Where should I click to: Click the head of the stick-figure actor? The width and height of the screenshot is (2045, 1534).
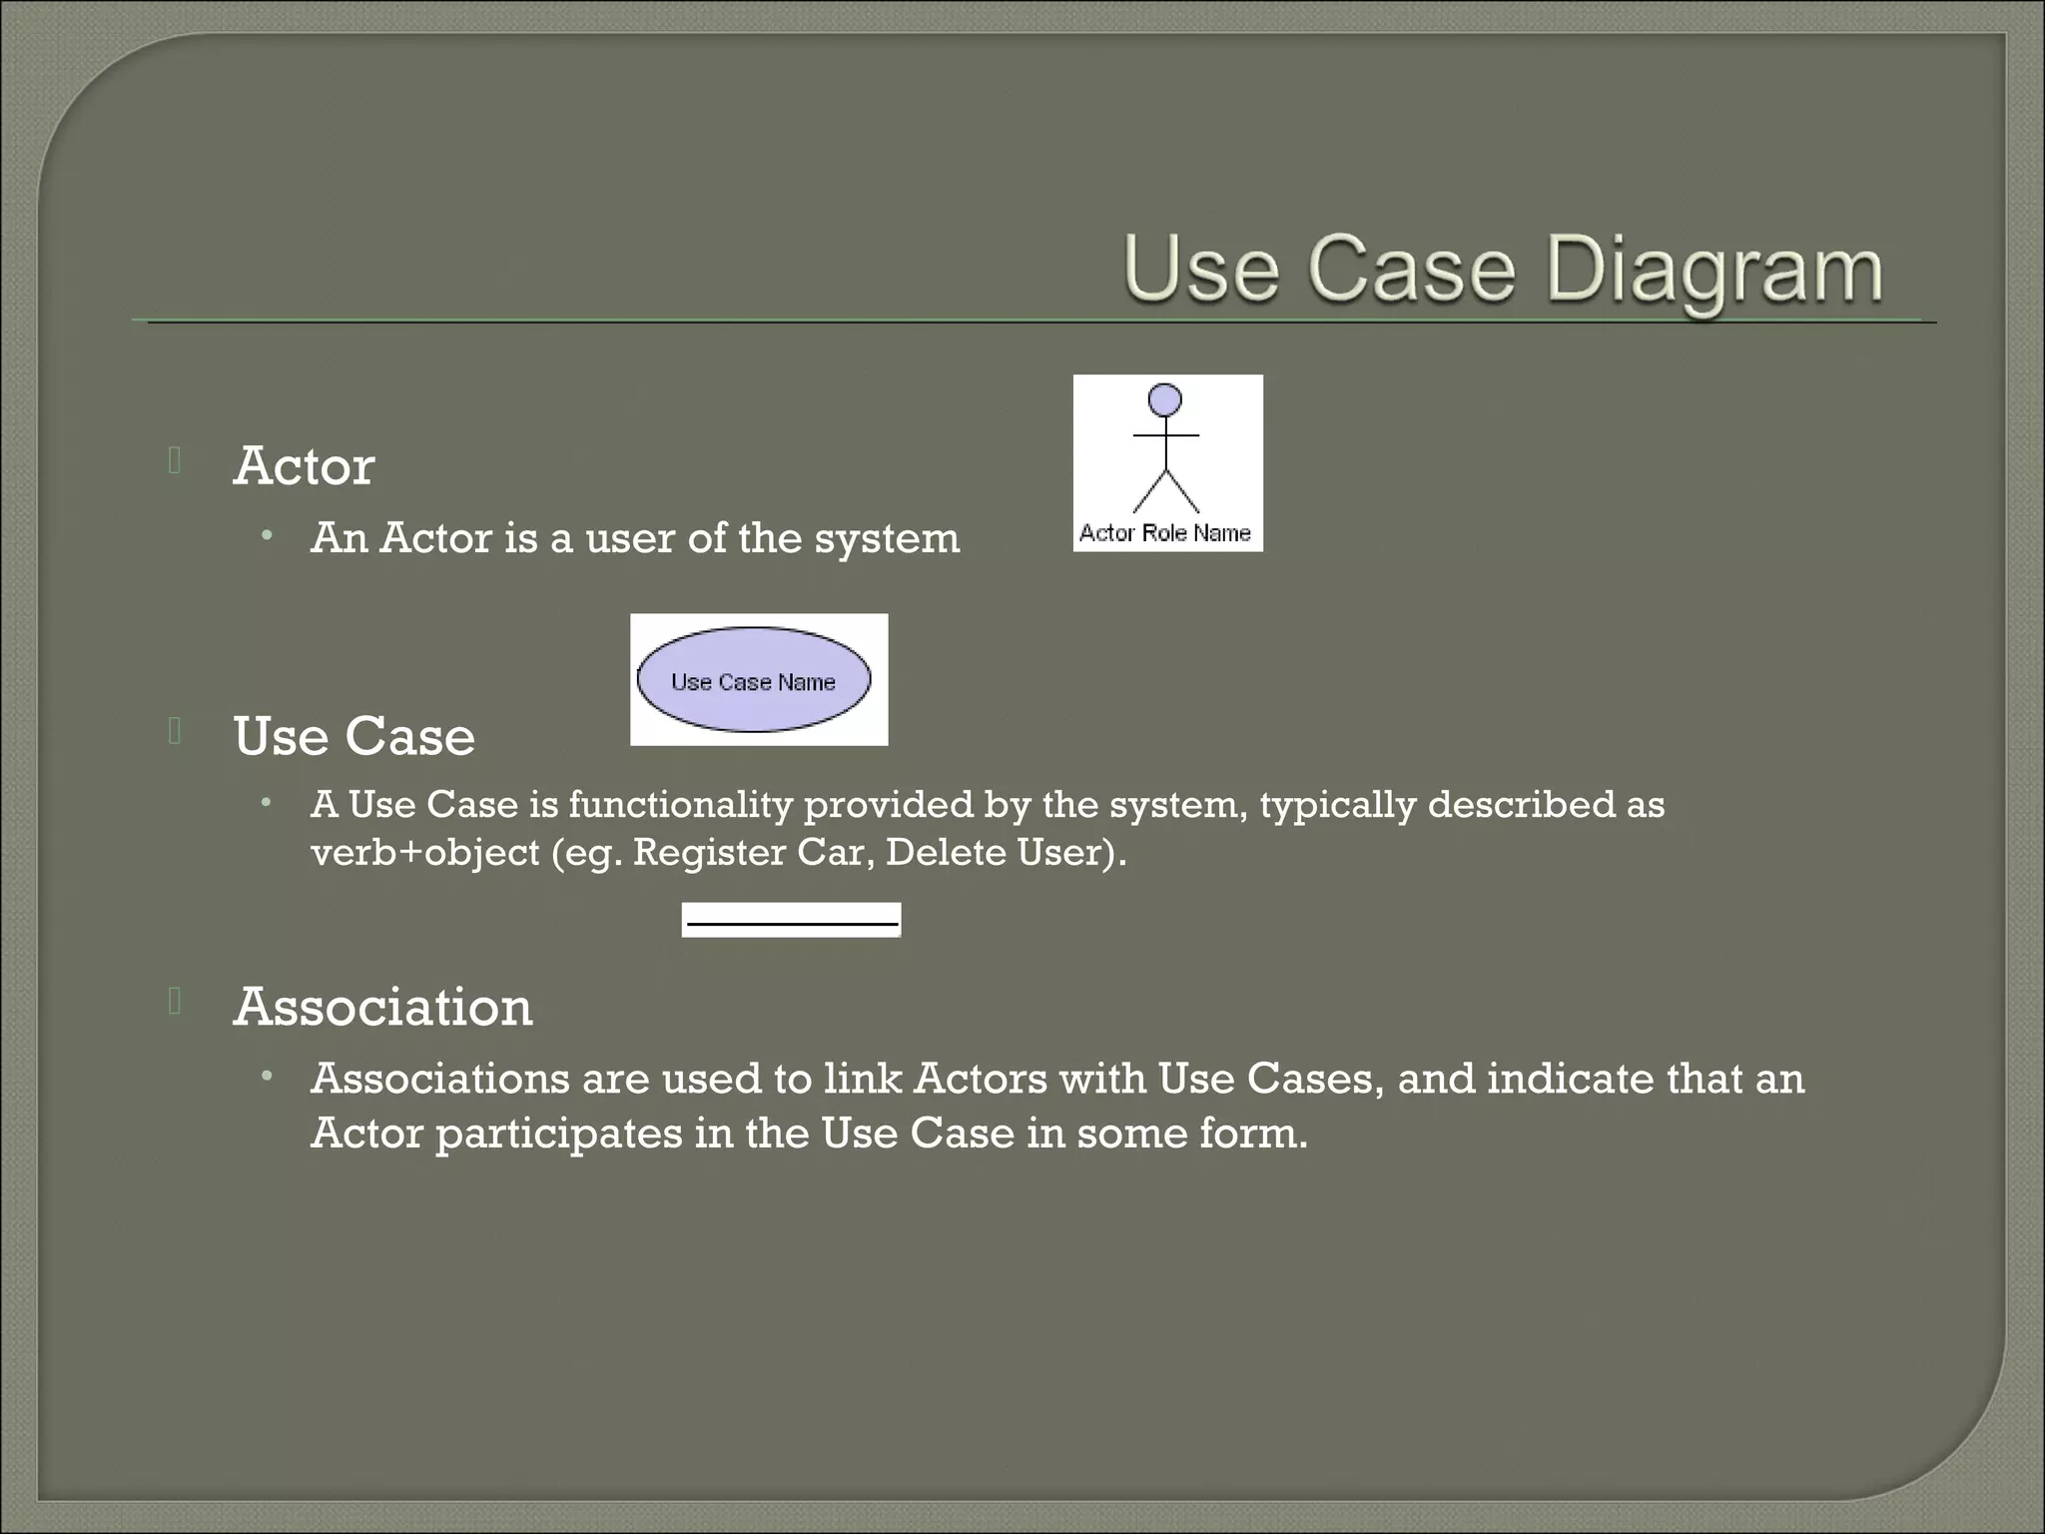(1165, 399)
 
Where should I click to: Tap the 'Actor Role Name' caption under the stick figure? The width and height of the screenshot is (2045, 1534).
(1165, 533)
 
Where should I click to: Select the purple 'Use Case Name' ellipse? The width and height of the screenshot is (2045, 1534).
(754, 680)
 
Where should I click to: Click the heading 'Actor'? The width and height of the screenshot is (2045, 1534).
(304, 466)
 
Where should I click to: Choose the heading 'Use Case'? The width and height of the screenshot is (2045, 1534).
(353, 737)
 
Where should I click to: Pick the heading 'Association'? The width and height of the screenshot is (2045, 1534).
(382, 1007)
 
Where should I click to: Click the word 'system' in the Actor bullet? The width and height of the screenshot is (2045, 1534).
(887, 539)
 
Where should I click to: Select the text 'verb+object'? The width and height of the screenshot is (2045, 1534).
(424, 853)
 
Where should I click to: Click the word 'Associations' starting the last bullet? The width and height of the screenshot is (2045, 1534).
(439, 1079)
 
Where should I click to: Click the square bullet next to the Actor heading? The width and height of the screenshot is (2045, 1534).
(175, 460)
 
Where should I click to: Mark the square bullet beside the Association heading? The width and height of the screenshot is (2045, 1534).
(175, 1001)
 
